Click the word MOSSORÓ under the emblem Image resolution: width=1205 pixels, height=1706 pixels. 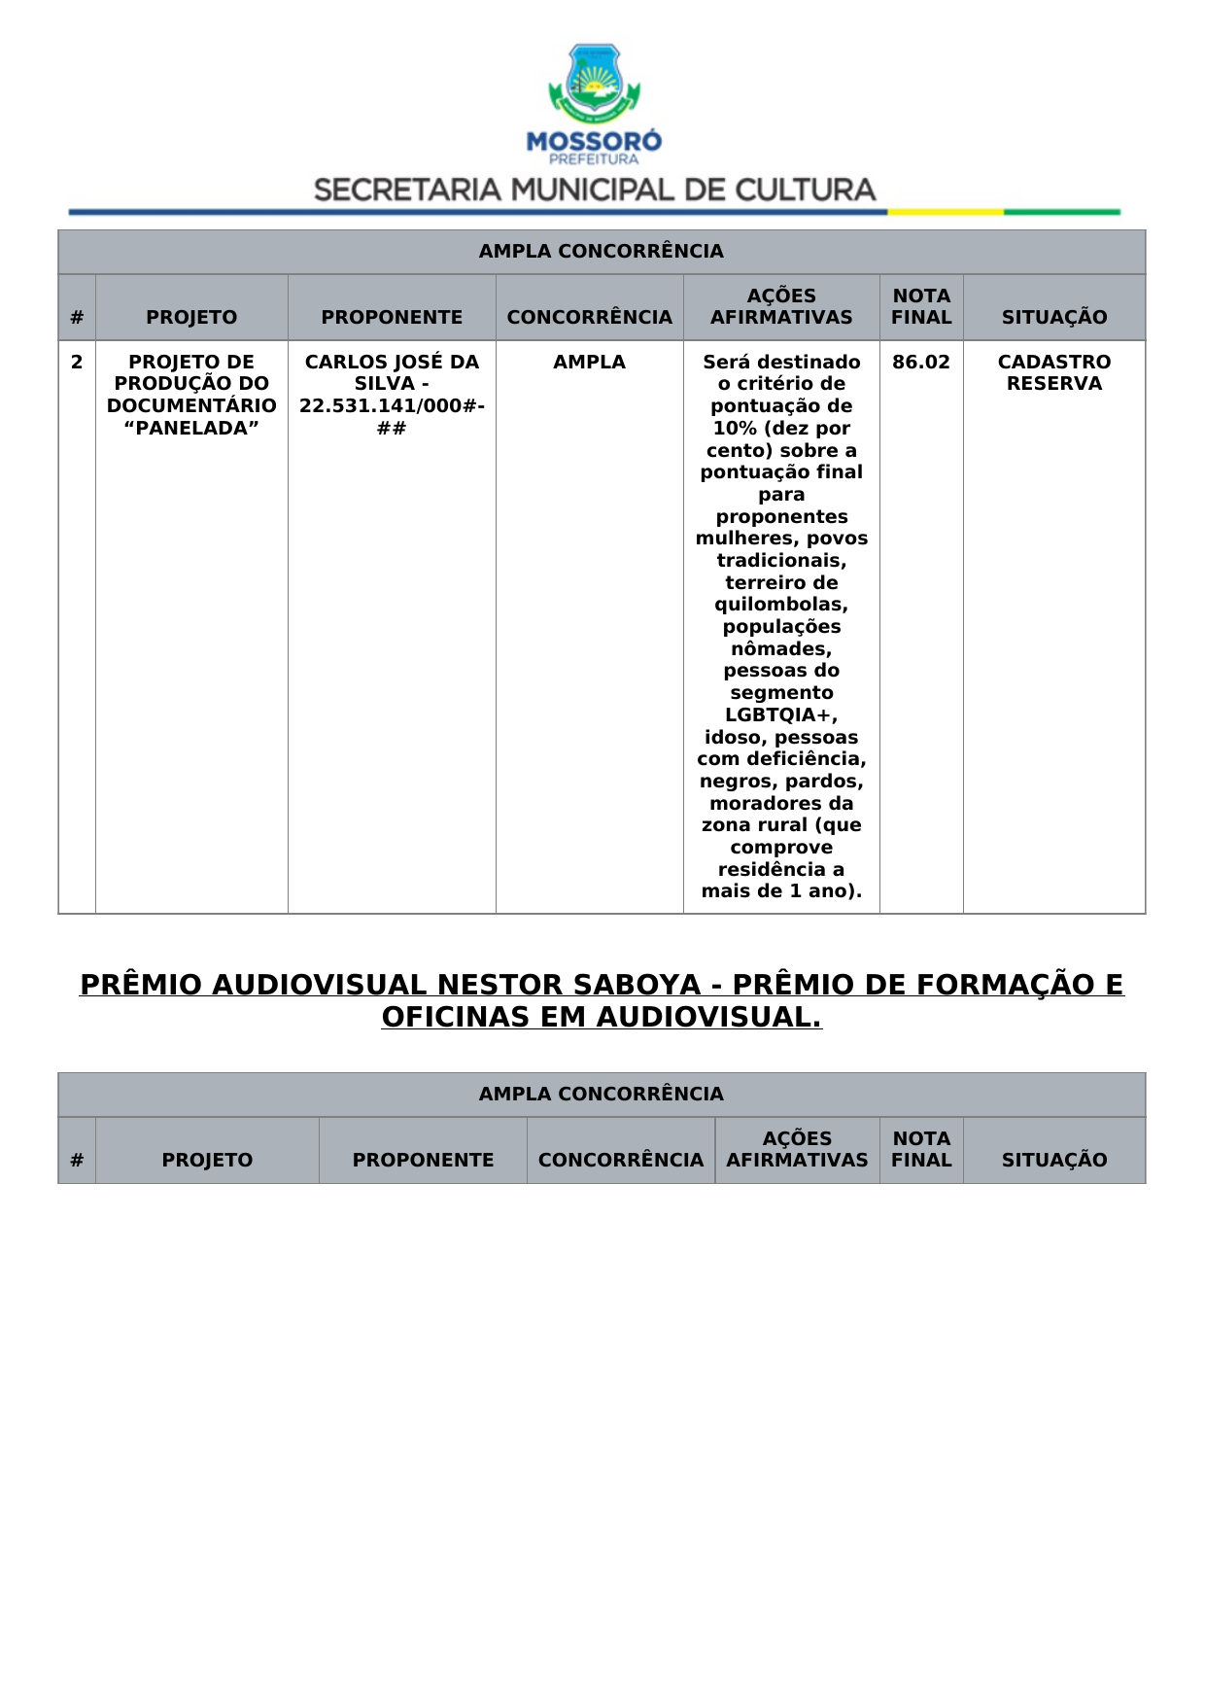pyautogui.click(x=594, y=141)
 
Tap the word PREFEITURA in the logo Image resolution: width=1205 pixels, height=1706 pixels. pyautogui.click(x=594, y=159)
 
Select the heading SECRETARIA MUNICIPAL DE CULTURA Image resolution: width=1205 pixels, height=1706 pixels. pyautogui.click(x=595, y=190)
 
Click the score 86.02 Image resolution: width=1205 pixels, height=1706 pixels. pyautogui.click(x=920, y=363)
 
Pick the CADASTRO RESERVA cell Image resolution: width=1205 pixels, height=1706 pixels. pyautogui.click(x=1053, y=373)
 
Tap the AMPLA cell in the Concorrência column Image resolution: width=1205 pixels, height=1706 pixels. pyautogui.click(x=589, y=363)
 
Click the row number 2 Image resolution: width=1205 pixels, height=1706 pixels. pyautogui.click(x=77, y=363)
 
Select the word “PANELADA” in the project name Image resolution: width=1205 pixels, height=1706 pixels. pyautogui.click(x=191, y=429)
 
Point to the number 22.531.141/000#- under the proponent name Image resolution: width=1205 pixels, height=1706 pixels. pyautogui.click(x=392, y=406)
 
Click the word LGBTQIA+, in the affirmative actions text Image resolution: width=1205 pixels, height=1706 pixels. pyautogui.click(x=781, y=715)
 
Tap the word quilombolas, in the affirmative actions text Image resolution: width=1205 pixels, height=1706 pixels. pyautogui.click(x=781, y=605)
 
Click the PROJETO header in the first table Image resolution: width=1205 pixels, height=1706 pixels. pyautogui.click(x=191, y=318)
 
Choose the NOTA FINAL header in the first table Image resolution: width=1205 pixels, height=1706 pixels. pyautogui.click(x=921, y=306)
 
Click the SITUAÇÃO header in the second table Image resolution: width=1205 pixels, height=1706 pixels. pyautogui.click(x=1053, y=1160)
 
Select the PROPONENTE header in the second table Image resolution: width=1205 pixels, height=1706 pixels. pyautogui.click(x=423, y=1160)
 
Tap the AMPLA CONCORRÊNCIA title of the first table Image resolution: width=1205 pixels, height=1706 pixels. pyautogui.click(x=601, y=252)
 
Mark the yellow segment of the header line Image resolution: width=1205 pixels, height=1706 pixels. pyautogui.click(x=945, y=212)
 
